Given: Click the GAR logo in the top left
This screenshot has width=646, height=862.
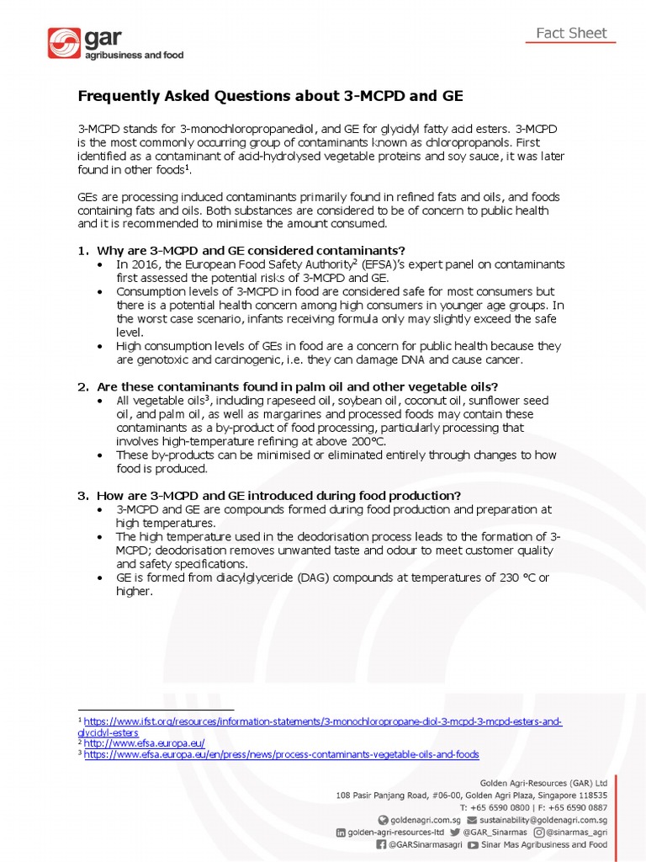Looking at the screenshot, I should point(115,44).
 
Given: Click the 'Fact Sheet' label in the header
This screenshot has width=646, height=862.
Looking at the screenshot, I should point(572,34).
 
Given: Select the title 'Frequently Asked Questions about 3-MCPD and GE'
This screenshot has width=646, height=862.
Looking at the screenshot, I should point(270,96).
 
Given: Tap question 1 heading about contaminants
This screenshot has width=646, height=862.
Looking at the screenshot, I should point(251,251).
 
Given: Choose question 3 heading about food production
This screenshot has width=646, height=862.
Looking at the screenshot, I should point(278,495).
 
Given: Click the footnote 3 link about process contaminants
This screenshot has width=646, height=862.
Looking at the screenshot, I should point(281,755).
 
